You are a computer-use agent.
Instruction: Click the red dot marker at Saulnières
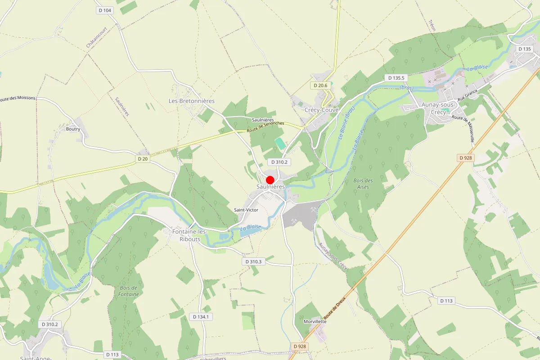tap(270, 180)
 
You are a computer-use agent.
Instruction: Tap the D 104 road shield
tap(104, 10)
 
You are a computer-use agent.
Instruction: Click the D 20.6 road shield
tap(320, 85)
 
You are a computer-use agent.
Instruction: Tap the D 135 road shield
tap(525, 49)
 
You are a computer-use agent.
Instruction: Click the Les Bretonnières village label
tap(192, 101)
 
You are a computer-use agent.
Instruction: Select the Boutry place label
tap(73, 129)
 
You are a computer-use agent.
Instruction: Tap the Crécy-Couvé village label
tap(321, 110)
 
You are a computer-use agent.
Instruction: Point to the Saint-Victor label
tap(246, 210)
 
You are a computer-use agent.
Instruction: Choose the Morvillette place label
tap(315, 321)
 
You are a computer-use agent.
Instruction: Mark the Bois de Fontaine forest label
tap(129, 291)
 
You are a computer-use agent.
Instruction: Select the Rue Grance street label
tap(467, 96)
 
